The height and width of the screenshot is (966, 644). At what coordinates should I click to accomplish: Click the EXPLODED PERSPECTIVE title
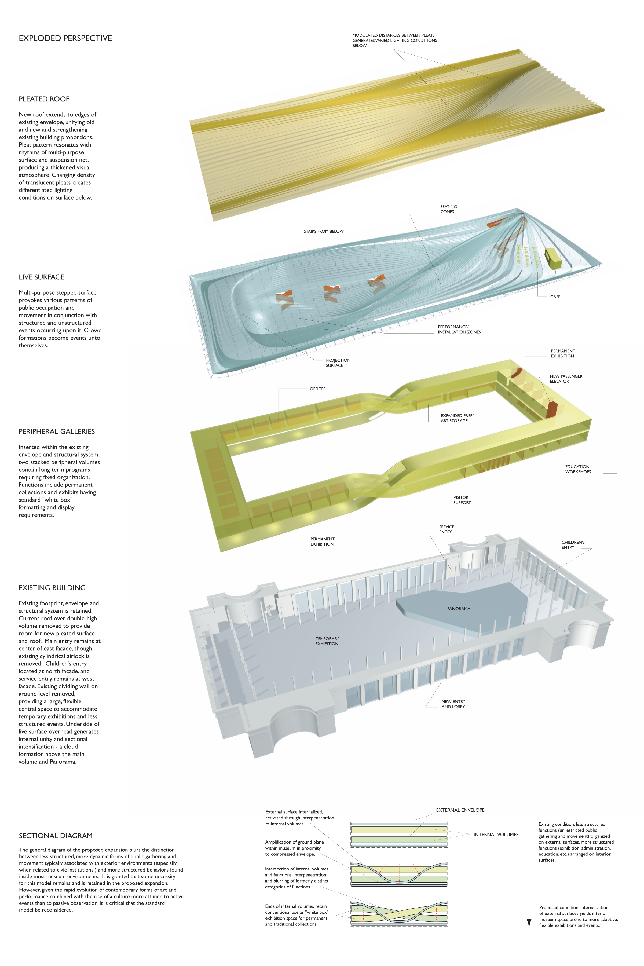coord(65,38)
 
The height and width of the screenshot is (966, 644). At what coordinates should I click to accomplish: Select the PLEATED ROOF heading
coord(44,99)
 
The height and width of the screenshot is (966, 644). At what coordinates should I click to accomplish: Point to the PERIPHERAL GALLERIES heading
coord(57,431)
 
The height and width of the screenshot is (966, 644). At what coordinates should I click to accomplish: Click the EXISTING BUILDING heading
coord(52,588)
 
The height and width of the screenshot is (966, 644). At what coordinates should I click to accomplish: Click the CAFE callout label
coord(555,297)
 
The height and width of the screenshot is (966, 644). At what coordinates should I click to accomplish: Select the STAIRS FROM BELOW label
coord(324,231)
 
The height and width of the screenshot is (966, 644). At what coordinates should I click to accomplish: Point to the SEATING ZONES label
coord(448,209)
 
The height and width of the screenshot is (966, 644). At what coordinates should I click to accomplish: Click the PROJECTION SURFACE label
coord(338,363)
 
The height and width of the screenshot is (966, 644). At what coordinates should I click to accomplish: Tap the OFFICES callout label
coord(317,389)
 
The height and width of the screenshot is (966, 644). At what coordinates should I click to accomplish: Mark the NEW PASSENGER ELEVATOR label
coord(566,379)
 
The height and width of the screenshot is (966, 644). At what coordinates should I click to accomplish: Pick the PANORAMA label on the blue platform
coord(458,608)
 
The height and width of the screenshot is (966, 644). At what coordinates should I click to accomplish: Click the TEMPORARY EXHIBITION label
coord(327,641)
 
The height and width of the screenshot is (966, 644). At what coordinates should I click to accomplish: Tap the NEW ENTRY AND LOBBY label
coord(453,704)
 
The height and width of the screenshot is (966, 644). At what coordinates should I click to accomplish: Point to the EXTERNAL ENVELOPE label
coord(460,810)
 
